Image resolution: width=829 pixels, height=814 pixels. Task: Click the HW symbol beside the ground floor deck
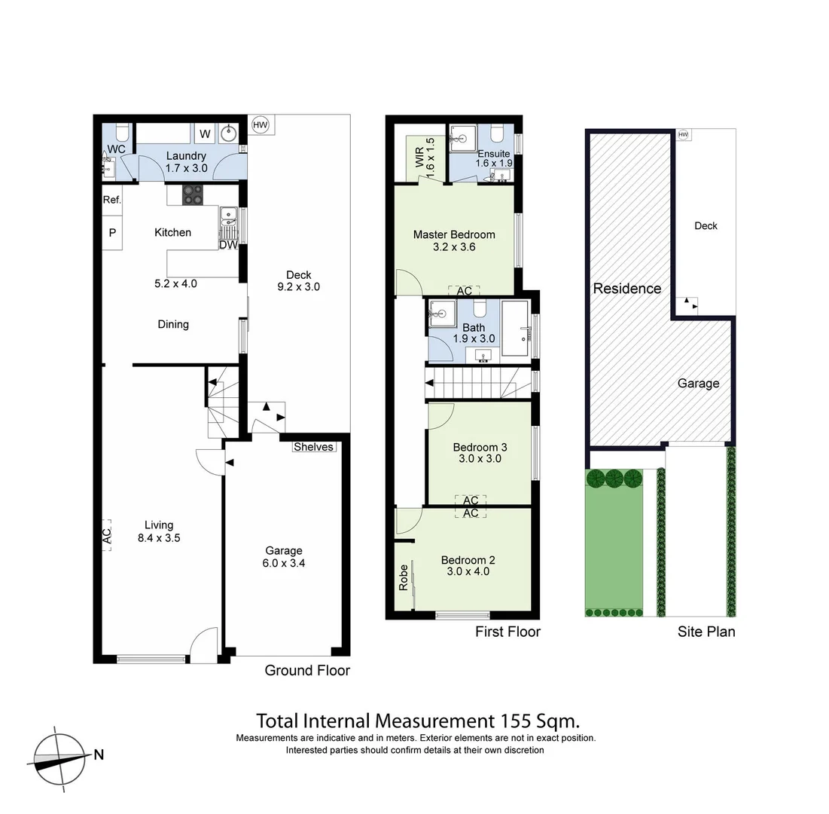point(261,124)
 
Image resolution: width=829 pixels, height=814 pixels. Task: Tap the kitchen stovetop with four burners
point(193,194)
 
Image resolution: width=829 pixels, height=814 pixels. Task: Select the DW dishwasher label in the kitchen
point(228,245)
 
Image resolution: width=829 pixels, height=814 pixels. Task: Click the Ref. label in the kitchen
point(112,200)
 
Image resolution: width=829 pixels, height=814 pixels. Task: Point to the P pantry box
point(112,233)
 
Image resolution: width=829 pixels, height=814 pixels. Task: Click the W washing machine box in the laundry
point(205,134)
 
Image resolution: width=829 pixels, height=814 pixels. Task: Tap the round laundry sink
point(230,134)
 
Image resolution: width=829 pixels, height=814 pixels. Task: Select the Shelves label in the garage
point(313,447)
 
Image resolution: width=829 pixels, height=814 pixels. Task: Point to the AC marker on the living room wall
point(107,535)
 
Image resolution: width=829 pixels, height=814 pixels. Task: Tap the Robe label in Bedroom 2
point(404,577)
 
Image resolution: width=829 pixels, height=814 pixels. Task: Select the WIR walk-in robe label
point(419,157)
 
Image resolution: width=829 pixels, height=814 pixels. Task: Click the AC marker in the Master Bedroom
point(464,291)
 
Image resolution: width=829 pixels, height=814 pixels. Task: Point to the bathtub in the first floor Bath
point(517,329)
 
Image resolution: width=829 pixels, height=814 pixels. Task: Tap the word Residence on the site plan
point(627,288)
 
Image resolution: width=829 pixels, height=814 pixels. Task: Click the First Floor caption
point(507,632)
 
